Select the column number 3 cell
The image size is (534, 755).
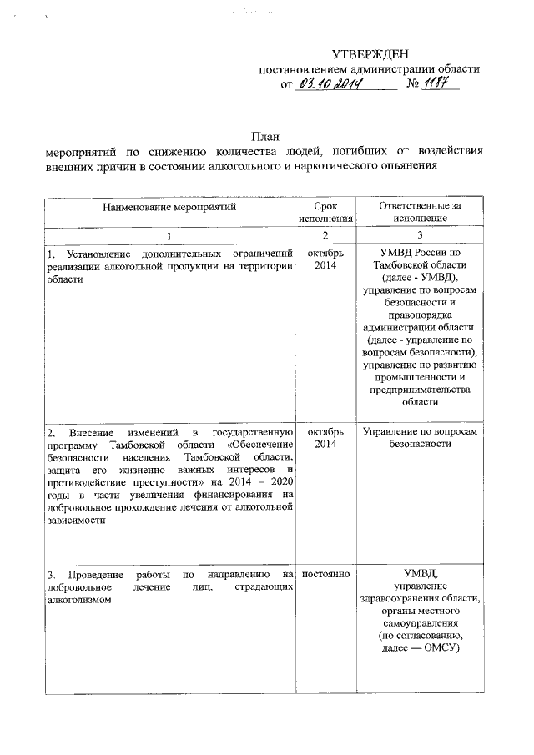[x=420, y=234]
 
